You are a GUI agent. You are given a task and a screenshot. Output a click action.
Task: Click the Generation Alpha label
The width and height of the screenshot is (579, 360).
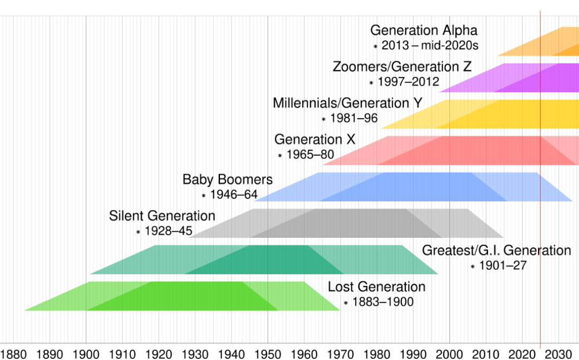click(x=424, y=31)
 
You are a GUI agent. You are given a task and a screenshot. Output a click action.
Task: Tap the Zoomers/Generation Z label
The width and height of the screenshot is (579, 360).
click(x=402, y=67)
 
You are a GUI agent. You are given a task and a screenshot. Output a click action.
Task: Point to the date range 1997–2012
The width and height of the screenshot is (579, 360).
click(x=408, y=82)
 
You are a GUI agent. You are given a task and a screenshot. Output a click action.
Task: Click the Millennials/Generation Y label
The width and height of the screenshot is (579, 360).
click(x=347, y=104)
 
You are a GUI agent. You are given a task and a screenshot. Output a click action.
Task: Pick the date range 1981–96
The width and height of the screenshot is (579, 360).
click(x=353, y=119)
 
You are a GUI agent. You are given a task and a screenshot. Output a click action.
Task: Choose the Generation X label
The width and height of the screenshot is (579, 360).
click(x=315, y=140)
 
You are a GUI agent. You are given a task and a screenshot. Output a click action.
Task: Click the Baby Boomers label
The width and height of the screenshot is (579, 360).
click(x=228, y=179)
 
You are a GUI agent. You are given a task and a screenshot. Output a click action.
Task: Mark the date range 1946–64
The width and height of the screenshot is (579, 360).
click(x=234, y=195)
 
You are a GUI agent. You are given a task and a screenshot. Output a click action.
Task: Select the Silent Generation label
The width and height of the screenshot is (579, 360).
click(x=162, y=216)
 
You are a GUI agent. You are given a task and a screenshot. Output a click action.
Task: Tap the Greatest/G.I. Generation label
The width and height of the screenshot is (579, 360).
click(x=496, y=251)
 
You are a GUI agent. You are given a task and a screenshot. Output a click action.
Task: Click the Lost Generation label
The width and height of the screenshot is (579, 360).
click(x=376, y=287)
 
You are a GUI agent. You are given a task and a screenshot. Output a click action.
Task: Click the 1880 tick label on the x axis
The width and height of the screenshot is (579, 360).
click(x=13, y=353)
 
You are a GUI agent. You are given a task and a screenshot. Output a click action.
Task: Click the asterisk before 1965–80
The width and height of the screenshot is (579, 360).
click(x=280, y=156)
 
